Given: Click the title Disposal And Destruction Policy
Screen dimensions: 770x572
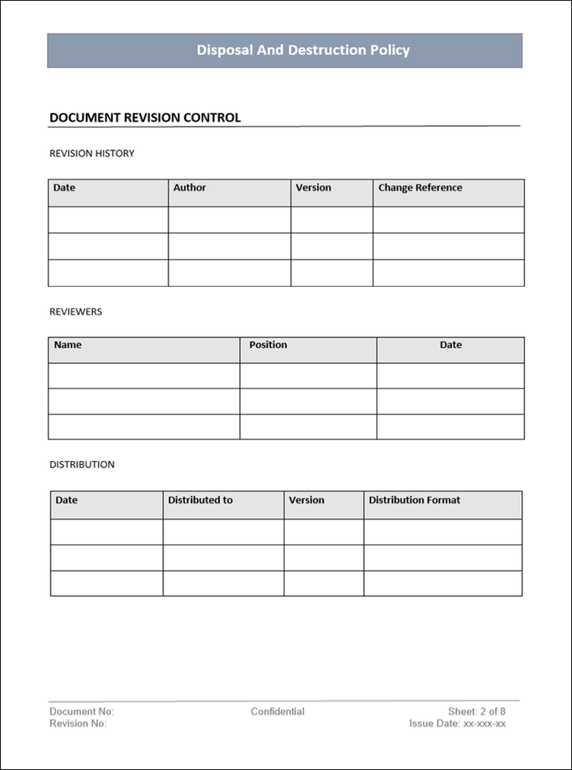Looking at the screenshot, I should [x=303, y=50].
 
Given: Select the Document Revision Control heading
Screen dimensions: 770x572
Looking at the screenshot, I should [x=145, y=118].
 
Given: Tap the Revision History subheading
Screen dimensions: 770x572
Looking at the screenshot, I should [x=91, y=153].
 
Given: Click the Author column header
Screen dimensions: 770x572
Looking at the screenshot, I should [x=189, y=188].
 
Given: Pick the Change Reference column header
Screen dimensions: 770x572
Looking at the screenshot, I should [x=419, y=188].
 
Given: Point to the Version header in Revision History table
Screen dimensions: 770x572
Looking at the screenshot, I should [x=313, y=188].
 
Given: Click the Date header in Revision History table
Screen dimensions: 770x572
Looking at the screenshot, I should [x=64, y=188].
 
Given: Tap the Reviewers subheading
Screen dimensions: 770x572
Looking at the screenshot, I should [x=75, y=311].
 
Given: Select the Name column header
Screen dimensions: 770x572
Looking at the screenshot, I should [x=68, y=346].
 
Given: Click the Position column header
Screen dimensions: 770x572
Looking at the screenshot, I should [x=268, y=346].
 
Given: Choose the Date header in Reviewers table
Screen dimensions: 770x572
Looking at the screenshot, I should [x=450, y=346].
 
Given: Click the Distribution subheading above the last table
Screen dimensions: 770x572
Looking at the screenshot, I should [x=82, y=464].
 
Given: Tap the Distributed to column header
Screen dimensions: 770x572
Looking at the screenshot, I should [x=200, y=501].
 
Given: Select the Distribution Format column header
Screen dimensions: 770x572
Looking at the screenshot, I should [x=414, y=501].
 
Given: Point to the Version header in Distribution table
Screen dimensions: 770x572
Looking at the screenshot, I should [x=306, y=501].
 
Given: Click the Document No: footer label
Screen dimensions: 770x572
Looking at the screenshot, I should [x=81, y=711].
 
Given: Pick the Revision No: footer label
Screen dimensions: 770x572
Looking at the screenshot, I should [x=78, y=724].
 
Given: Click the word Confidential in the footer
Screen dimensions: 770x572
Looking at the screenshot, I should [x=277, y=711].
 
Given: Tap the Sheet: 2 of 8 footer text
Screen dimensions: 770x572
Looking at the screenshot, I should [x=477, y=711].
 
